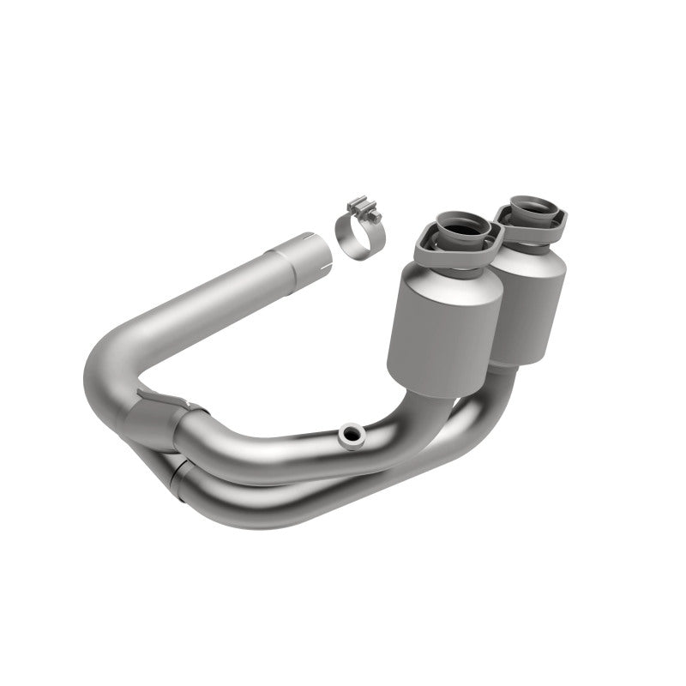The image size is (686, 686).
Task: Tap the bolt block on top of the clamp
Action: click(359, 208)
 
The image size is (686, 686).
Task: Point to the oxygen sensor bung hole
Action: click(349, 434)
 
